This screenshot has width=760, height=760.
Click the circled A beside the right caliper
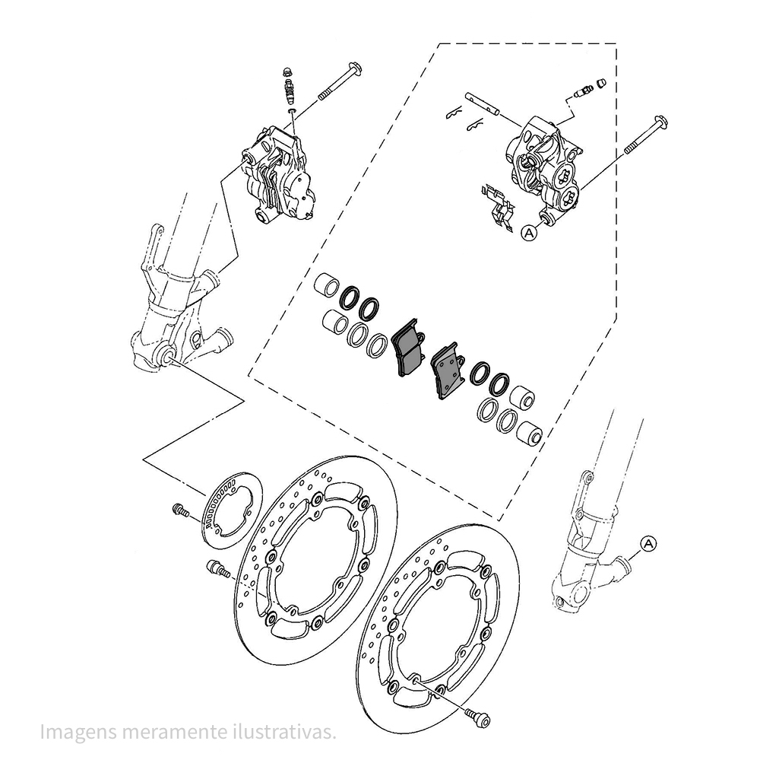click(x=530, y=234)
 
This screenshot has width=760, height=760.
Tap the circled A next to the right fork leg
click(x=648, y=543)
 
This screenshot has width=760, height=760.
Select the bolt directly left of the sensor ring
click(x=180, y=510)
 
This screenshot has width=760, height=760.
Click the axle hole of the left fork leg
click(x=169, y=356)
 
